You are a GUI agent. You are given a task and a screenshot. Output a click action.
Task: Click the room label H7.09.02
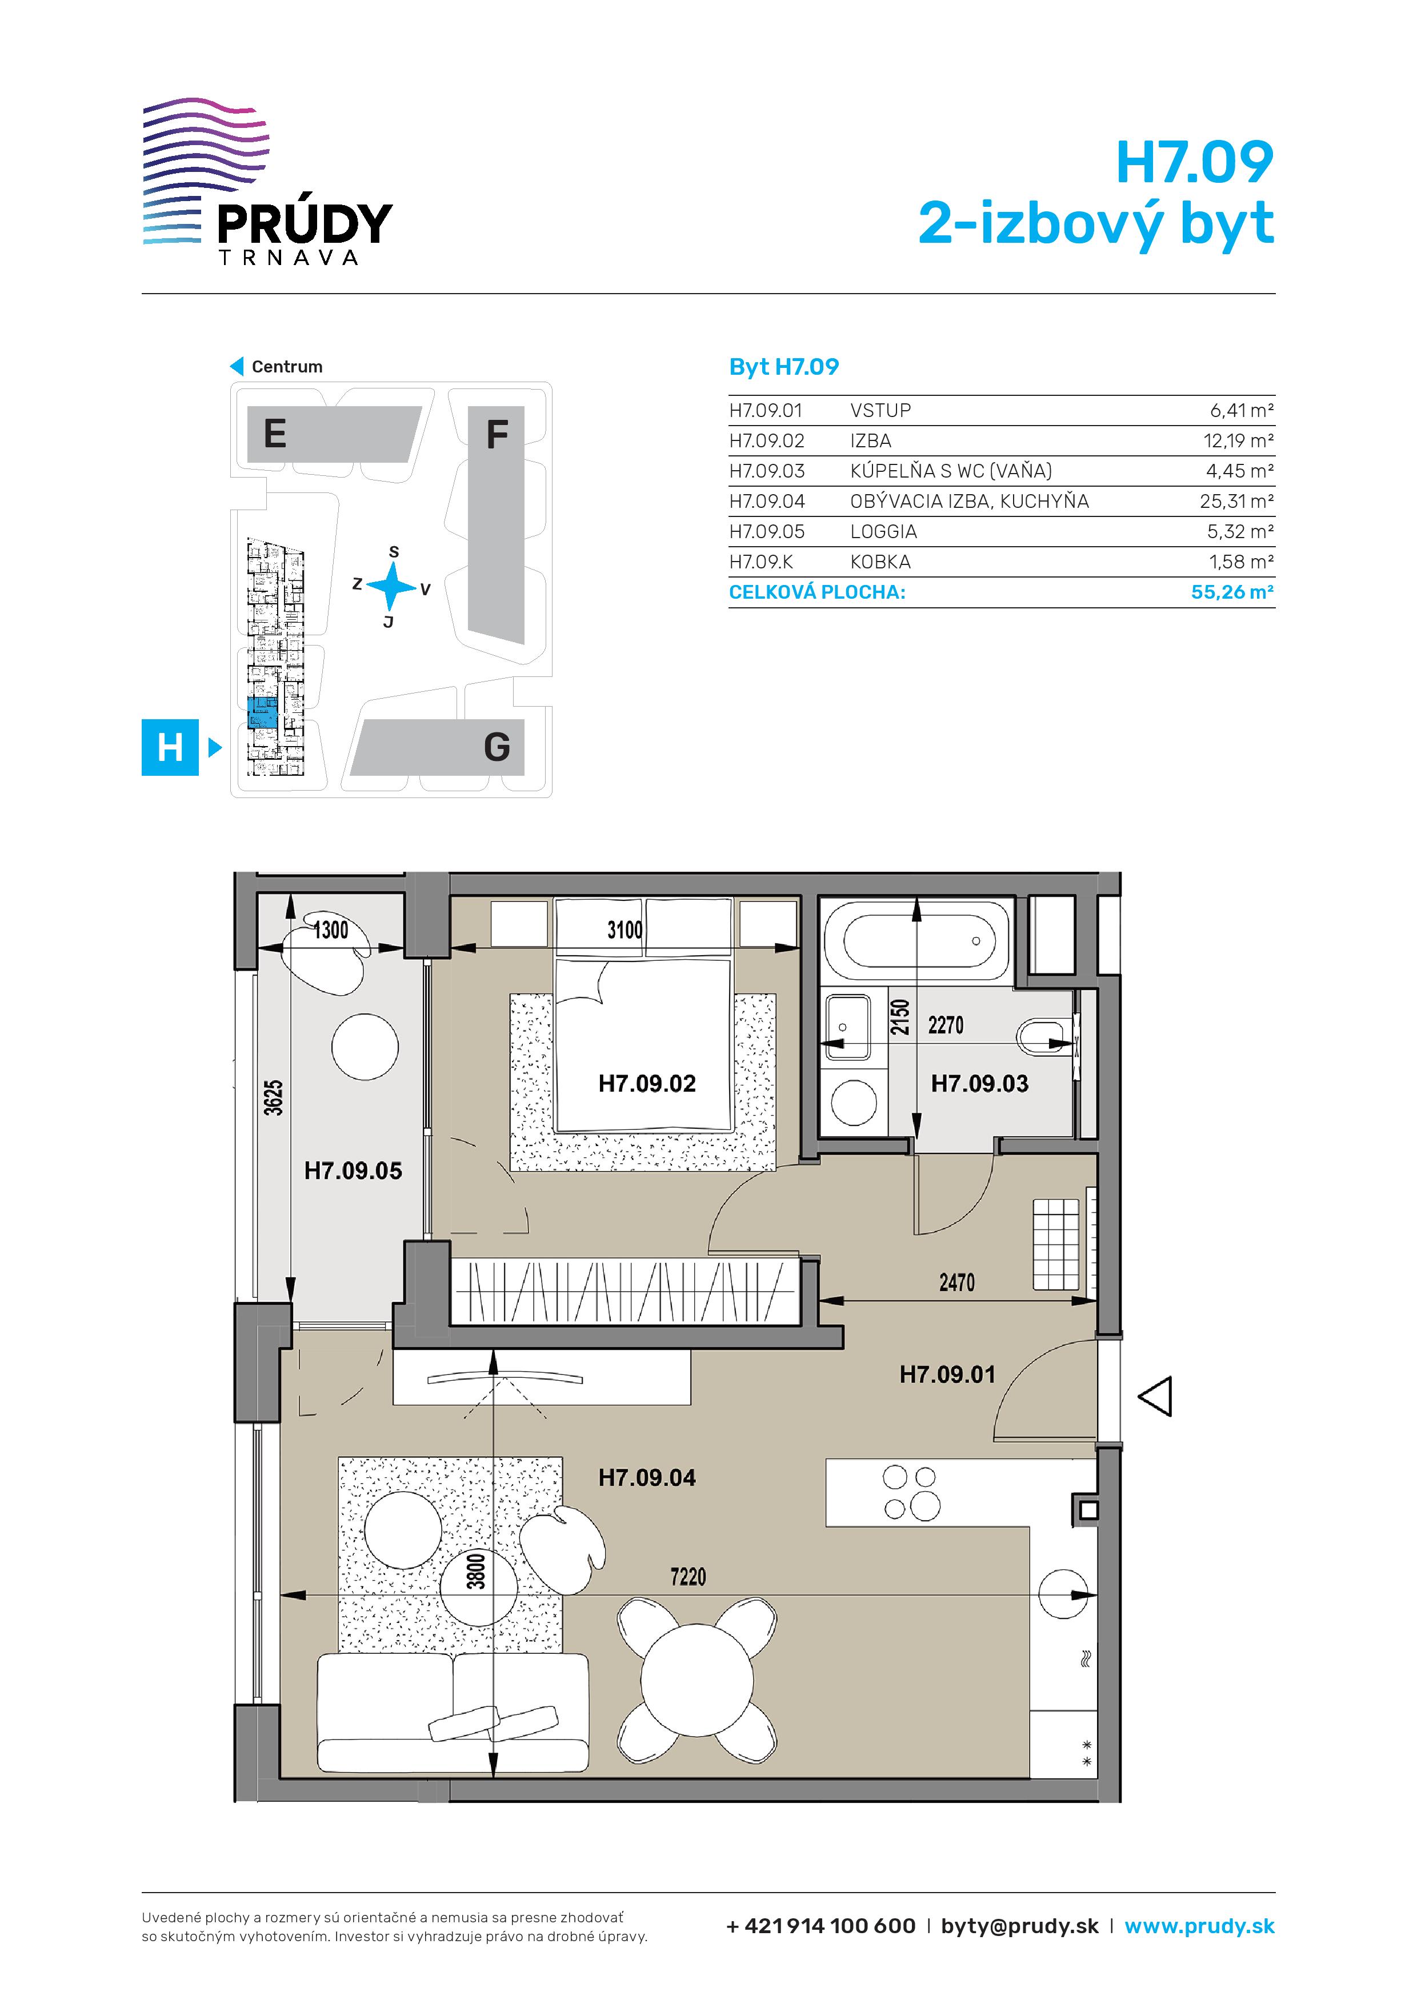(x=647, y=1084)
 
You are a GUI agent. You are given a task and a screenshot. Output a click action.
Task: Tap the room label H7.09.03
(x=979, y=1084)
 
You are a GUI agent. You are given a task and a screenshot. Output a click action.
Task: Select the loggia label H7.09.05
(x=353, y=1171)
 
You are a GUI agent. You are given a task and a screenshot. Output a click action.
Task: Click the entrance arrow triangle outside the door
(x=1155, y=1397)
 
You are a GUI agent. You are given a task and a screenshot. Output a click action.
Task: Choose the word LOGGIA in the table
(x=883, y=531)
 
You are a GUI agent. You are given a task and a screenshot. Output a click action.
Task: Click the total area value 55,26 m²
(x=1232, y=592)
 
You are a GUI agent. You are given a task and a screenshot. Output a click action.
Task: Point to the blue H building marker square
(x=170, y=747)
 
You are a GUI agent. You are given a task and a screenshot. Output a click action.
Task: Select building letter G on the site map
(x=497, y=747)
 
